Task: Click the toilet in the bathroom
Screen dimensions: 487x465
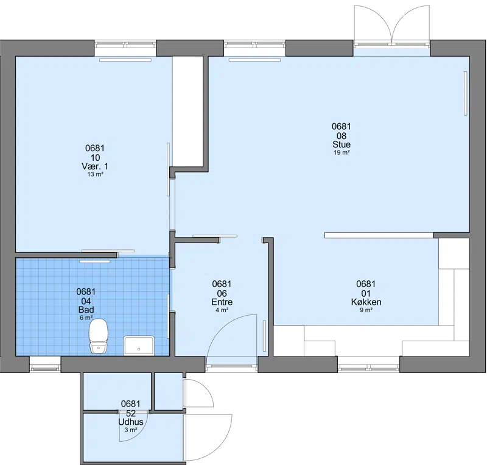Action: tap(99, 336)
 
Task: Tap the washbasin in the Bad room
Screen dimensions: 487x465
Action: tap(139, 346)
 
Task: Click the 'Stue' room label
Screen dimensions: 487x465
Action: tap(342, 144)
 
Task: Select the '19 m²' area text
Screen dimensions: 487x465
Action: tap(342, 152)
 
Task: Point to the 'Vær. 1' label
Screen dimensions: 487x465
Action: tap(95, 166)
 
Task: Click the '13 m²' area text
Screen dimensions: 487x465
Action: tap(95, 174)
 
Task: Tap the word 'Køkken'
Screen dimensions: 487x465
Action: tap(366, 302)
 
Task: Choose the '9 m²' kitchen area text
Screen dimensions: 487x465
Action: tap(366, 310)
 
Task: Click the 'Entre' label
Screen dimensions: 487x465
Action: tap(222, 302)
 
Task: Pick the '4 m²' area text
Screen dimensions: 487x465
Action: tap(222, 310)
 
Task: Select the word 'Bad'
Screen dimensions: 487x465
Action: tap(86, 310)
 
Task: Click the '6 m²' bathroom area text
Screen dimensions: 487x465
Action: tap(86, 318)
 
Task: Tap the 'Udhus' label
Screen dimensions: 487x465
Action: tap(131, 422)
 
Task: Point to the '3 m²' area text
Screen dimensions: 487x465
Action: tap(131, 430)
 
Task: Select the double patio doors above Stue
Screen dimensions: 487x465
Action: tap(392, 25)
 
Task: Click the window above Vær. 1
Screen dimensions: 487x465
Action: tap(125, 44)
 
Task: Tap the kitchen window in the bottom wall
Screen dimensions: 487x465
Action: tap(368, 368)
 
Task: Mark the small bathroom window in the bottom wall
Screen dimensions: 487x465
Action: tap(45, 368)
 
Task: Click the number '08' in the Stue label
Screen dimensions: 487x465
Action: tap(342, 136)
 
